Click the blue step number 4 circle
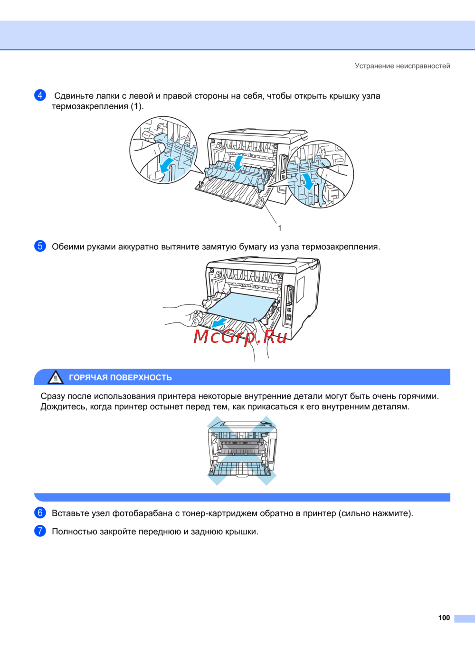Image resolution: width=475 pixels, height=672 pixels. pos(40,95)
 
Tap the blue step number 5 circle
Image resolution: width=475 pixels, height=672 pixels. pos(40,246)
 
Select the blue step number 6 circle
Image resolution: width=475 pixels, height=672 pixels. pos(40,513)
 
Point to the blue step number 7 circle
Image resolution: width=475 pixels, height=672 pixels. pos(40,531)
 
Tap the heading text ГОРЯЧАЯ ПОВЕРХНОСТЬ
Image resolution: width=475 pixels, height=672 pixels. pos(120,378)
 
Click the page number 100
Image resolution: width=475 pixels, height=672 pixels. pos(444,618)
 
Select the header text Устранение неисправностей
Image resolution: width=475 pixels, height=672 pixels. pos(402,66)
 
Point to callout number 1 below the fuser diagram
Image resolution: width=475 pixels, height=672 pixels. pos(280,228)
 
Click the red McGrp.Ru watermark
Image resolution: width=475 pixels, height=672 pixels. pos(240,337)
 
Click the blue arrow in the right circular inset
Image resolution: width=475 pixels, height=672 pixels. pos(308,181)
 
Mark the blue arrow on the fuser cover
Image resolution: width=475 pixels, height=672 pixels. pos(238,163)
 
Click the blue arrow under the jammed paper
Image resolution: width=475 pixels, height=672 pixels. pos(219,323)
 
